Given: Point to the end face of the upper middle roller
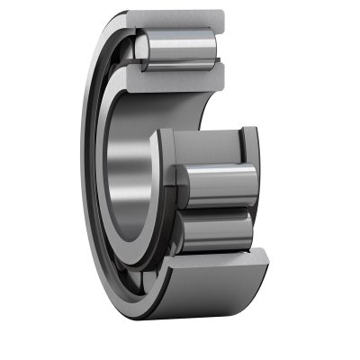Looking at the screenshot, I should click(179, 175).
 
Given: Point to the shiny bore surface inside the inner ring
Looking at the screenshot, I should click(126, 171).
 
